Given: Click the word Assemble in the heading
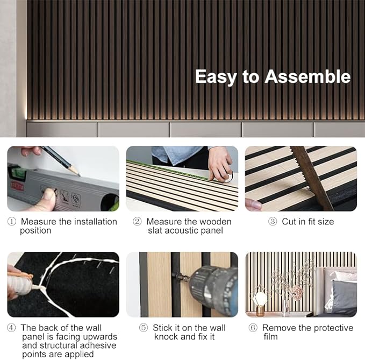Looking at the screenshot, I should [307, 76].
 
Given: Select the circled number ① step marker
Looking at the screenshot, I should [12, 222].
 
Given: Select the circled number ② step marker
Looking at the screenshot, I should [138, 222].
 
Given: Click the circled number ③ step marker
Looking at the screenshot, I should [273, 222].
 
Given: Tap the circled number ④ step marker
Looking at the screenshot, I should [12, 328].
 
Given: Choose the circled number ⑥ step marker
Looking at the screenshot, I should [253, 328].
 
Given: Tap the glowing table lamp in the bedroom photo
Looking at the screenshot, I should [261, 299].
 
